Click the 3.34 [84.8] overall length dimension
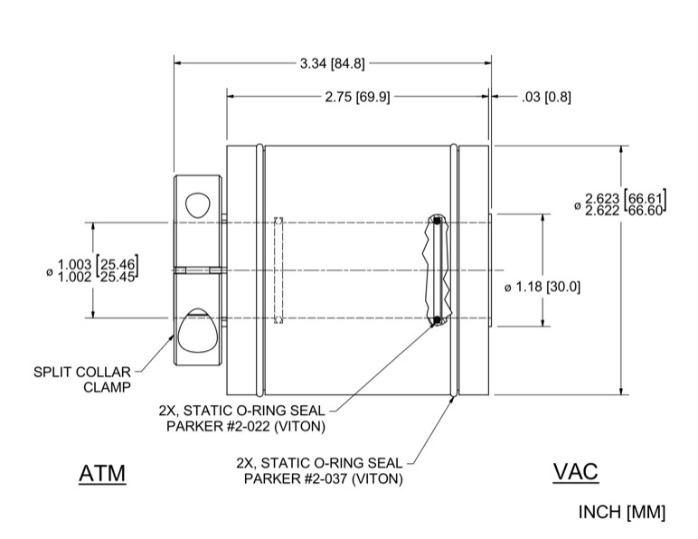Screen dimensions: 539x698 tap(333, 63)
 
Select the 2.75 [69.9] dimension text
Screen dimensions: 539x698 tap(357, 97)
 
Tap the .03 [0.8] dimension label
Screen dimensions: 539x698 tap(546, 97)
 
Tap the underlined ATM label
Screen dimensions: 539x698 tap(101, 473)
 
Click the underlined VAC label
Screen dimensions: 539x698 tap(575, 471)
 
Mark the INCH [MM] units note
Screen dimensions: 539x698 tap(621, 512)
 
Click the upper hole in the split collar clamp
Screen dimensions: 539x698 tap(196, 201)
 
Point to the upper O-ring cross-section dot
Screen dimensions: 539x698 tap(437, 220)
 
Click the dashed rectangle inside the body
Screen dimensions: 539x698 tap(279, 269)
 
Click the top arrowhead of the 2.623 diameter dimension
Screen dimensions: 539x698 tap(621, 149)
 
